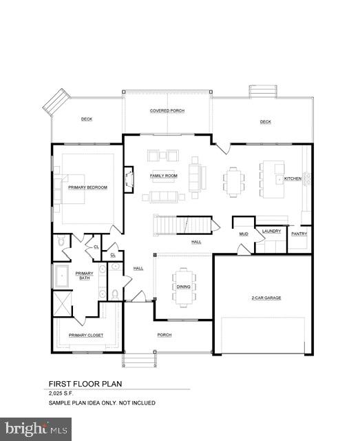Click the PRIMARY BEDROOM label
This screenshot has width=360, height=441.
coord(87,187)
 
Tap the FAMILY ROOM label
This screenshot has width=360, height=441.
coord(164,176)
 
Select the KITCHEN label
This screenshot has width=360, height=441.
coord(293,178)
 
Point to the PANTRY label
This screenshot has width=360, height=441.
coord(299,234)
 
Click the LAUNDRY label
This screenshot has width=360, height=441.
coord(271,232)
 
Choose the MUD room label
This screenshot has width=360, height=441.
coord(244,234)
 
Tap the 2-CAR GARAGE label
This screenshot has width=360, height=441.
coord(266,298)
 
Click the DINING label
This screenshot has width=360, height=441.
coord(184,287)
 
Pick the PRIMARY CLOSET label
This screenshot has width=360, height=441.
coord(86,336)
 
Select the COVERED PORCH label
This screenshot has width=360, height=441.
coord(167,111)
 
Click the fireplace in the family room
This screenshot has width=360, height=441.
coord(129,179)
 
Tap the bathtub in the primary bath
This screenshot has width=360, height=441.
coord(62,276)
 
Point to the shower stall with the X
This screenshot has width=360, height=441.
coord(63,303)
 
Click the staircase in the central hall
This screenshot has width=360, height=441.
coord(182,225)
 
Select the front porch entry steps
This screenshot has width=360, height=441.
coord(139,360)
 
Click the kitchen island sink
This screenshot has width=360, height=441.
coord(279,179)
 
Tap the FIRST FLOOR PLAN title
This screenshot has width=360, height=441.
coord(85,384)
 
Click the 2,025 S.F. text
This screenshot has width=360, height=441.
coord(61,393)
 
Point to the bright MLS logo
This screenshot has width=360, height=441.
coord(36,429)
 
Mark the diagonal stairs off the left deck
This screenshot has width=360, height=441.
coord(56,103)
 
